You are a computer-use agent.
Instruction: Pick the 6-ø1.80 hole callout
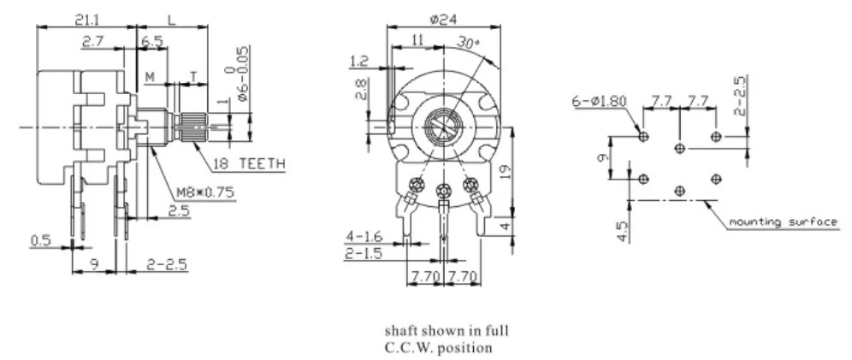pyautogui.click(x=600, y=101)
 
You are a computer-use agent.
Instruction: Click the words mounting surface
pyautogui.click(x=782, y=222)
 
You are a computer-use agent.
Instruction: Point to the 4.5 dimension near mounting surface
pyautogui.click(x=621, y=231)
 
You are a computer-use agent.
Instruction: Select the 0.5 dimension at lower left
pyautogui.click(x=40, y=241)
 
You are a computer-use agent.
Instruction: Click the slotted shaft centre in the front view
pyautogui.click(x=442, y=129)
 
